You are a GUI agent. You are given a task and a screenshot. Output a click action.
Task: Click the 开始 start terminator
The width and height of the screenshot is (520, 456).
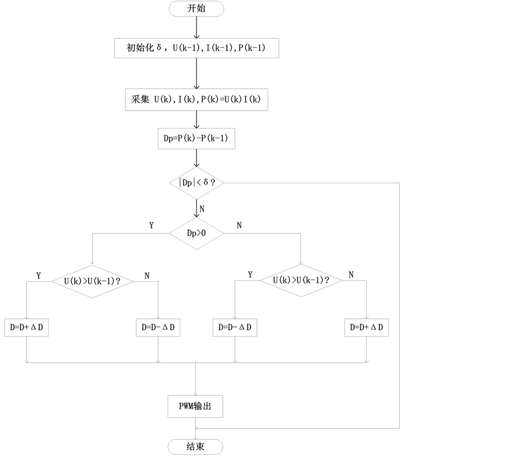point(196,9)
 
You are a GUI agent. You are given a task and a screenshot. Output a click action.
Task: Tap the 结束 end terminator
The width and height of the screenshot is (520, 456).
point(195,447)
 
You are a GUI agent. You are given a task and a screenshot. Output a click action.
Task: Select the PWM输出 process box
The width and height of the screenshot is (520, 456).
point(195,406)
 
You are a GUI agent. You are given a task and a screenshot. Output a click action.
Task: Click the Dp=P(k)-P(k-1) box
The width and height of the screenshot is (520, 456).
point(196,139)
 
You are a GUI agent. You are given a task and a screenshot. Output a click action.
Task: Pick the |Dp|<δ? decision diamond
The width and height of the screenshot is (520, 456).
point(196,183)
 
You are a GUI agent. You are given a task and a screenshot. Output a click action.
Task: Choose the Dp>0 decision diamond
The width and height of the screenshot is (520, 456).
point(196,233)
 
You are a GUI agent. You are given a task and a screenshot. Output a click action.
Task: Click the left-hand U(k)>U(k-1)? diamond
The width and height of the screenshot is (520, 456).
point(92,281)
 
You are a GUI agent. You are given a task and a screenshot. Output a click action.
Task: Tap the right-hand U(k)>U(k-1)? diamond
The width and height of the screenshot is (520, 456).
point(301,281)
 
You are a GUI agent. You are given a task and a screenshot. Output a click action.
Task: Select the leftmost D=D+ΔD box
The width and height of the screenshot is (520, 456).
point(26,328)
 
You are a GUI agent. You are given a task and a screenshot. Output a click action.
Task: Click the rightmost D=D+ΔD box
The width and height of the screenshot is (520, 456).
point(367,328)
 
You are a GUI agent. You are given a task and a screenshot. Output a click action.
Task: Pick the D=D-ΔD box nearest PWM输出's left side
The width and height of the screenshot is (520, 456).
point(158,328)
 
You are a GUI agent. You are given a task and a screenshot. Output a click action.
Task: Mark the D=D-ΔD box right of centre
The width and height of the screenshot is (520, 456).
point(235,328)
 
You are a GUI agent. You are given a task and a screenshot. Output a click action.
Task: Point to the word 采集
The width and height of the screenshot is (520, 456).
point(141,100)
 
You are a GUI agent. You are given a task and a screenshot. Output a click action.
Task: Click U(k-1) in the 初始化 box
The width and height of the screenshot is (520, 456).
point(188,48)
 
